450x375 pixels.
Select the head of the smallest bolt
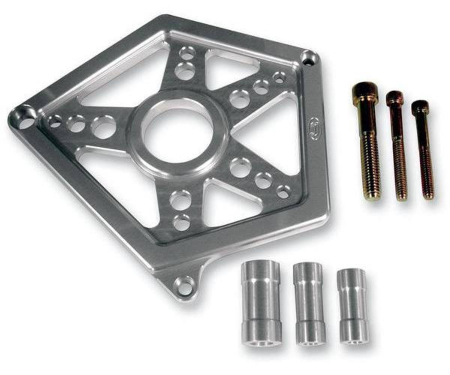click(x=420, y=108)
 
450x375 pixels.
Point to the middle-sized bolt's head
click(x=395, y=98)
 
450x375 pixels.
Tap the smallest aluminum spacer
click(x=352, y=305)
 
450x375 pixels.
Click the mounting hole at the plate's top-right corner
click(x=309, y=58)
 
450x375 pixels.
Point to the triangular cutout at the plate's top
click(x=230, y=69)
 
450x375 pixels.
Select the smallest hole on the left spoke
click(x=55, y=121)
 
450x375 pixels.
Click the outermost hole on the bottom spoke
click(x=182, y=222)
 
